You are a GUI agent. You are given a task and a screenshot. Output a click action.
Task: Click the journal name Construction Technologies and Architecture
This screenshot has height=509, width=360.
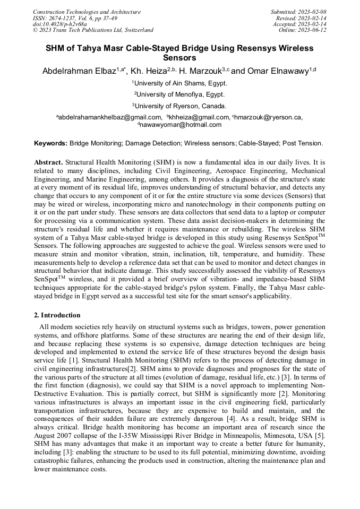[87, 12]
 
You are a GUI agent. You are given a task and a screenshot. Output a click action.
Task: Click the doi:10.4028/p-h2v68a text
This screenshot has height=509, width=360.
[59, 24]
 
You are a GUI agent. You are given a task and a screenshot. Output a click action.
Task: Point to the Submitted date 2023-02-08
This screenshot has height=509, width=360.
[298, 12]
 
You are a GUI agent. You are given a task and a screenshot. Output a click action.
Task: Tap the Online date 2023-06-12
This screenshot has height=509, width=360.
[302, 30]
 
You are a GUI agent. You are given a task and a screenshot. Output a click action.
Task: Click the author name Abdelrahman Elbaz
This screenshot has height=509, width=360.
[79, 71]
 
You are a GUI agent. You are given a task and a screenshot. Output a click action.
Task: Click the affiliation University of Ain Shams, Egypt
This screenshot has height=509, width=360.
[180, 83]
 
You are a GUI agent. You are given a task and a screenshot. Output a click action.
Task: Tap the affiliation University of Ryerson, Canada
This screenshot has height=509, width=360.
[180, 106]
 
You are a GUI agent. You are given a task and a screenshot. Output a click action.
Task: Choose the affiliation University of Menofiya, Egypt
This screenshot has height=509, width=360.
[180, 94]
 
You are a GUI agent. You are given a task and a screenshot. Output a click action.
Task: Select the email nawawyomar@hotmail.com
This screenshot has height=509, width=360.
[181, 125]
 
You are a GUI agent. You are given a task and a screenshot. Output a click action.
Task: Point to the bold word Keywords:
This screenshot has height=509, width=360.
[50, 143]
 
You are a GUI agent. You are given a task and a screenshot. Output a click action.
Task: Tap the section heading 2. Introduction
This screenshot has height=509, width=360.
[57, 315]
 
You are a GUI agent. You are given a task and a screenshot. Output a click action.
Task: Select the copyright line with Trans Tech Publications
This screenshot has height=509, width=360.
[93, 30]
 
